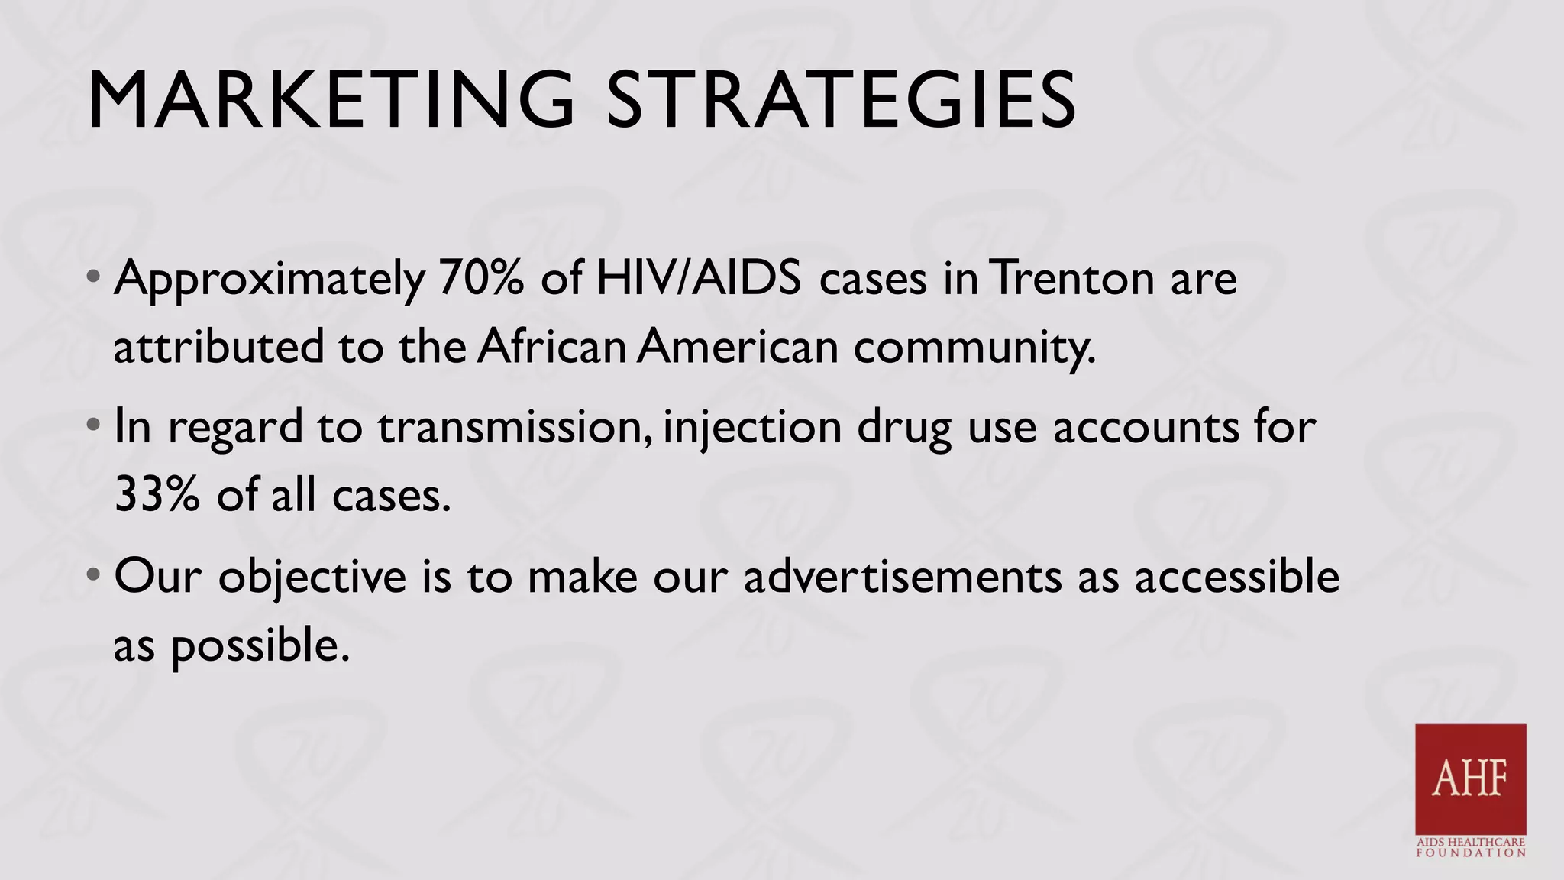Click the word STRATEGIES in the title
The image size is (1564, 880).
841,101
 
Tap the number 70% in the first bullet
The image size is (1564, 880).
481,278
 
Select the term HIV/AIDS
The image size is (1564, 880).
698,278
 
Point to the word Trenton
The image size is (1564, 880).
1072,278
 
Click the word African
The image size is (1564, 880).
552,347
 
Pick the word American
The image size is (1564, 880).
738,347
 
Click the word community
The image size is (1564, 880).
974,348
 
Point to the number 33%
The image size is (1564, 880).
157,495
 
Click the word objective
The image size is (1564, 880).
312,577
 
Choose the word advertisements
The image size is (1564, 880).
902,577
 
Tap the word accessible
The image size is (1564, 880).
1236,577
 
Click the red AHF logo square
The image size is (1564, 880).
1470,778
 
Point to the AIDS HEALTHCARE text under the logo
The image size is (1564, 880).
1470,842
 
